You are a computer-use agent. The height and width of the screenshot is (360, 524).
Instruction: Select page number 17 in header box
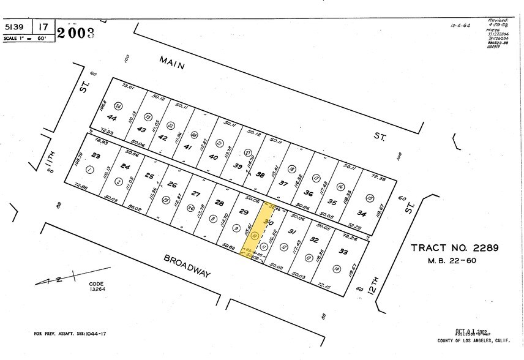tap(43, 28)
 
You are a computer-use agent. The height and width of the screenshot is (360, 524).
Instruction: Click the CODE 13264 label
tap(97, 287)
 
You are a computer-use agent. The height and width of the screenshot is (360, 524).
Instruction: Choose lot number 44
tap(112, 118)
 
